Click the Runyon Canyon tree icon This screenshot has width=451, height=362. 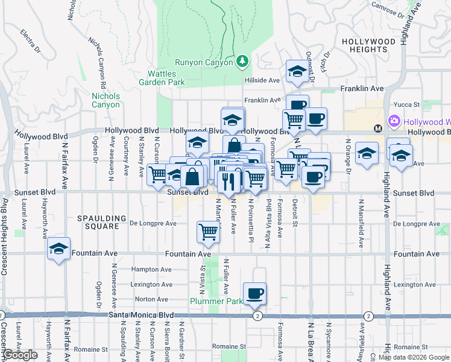click(242, 61)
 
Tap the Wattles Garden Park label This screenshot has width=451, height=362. click(162, 77)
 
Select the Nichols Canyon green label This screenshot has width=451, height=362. click(106, 100)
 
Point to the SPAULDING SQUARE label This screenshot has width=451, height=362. click(102, 222)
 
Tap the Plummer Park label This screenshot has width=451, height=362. click(216, 301)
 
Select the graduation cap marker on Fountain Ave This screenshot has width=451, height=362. click(58, 249)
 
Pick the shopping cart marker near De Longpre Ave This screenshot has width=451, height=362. click(208, 232)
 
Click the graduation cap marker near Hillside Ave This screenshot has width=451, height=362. click(297, 72)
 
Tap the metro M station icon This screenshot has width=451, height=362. click(378, 128)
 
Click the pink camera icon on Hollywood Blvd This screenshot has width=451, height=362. click(395, 121)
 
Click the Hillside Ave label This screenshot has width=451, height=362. click(262, 80)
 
